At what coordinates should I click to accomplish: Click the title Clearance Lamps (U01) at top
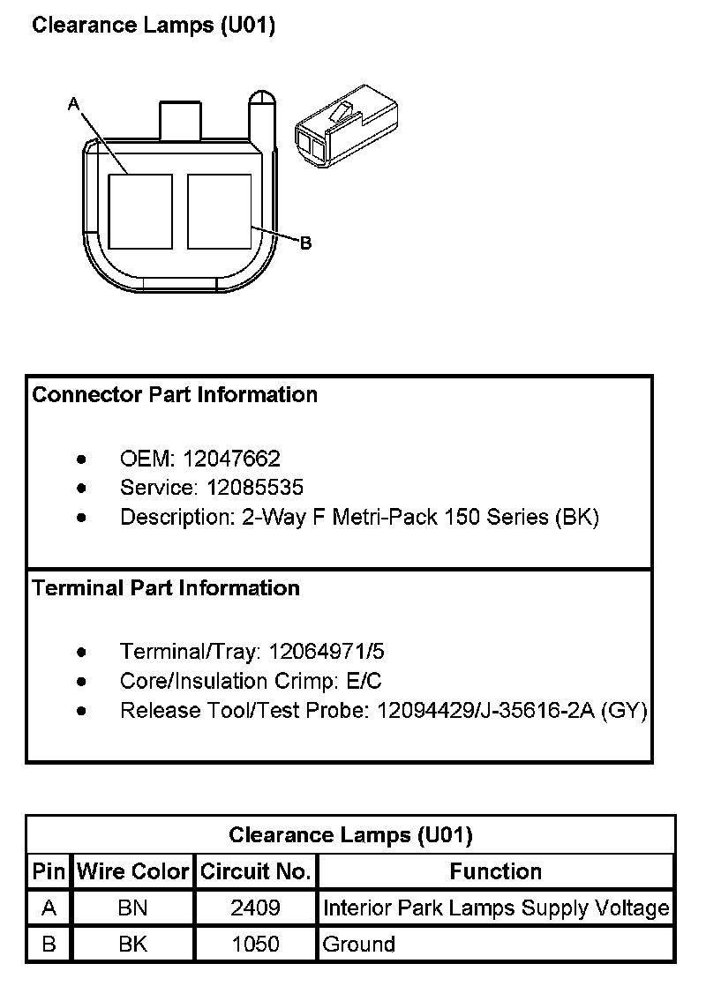pyautogui.click(x=154, y=26)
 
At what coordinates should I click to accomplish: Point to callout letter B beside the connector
pyautogui.click(x=305, y=243)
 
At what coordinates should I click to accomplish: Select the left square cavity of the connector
pyautogui.click(x=140, y=211)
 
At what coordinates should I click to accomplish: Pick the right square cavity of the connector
pyautogui.click(x=220, y=211)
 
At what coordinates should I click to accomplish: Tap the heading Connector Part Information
pyautogui.click(x=175, y=394)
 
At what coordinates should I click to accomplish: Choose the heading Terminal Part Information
pyautogui.click(x=166, y=588)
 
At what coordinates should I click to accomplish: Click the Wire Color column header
pyautogui.click(x=133, y=872)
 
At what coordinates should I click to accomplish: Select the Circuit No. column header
pyautogui.click(x=255, y=872)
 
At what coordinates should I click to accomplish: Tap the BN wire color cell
pyautogui.click(x=133, y=908)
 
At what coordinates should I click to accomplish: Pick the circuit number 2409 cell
pyautogui.click(x=255, y=908)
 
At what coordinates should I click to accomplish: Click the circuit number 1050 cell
pyautogui.click(x=255, y=945)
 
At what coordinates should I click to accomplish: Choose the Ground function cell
pyautogui.click(x=359, y=945)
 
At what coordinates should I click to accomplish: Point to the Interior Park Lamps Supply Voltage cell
pyautogui.click(x=496, y=908)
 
